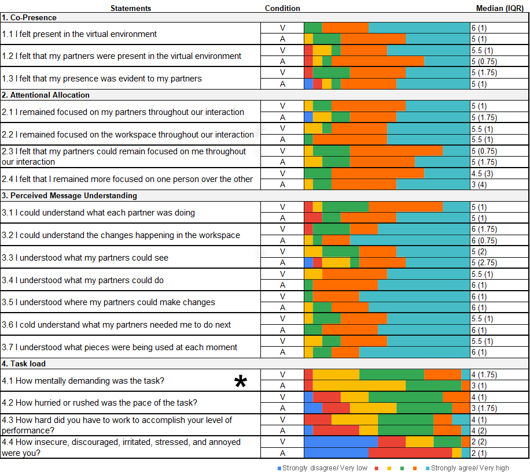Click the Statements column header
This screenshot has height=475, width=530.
[131, 8]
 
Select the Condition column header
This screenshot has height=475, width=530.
[282, 8]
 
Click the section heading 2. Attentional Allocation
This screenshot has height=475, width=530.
[46, 95]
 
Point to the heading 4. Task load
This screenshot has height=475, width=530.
[24, 363]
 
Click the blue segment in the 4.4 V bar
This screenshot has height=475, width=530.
[341, 442]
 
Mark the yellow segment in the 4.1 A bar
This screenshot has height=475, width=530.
[359, 386]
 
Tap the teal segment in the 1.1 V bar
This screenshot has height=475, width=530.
[419, 28]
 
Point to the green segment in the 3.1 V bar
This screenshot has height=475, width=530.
[345, 207]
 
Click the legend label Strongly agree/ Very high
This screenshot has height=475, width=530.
[470, 468]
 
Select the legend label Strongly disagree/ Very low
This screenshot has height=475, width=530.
[325, 468]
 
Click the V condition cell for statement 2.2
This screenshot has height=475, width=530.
[283, 128]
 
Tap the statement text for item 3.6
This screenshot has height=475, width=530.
[116, 325]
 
